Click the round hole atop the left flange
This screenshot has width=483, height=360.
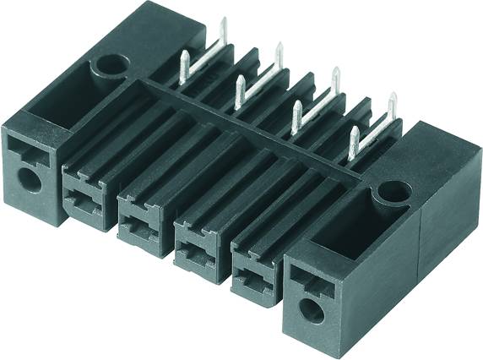110,63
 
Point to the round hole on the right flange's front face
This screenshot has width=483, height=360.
312,309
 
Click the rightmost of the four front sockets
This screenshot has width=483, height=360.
253,269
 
